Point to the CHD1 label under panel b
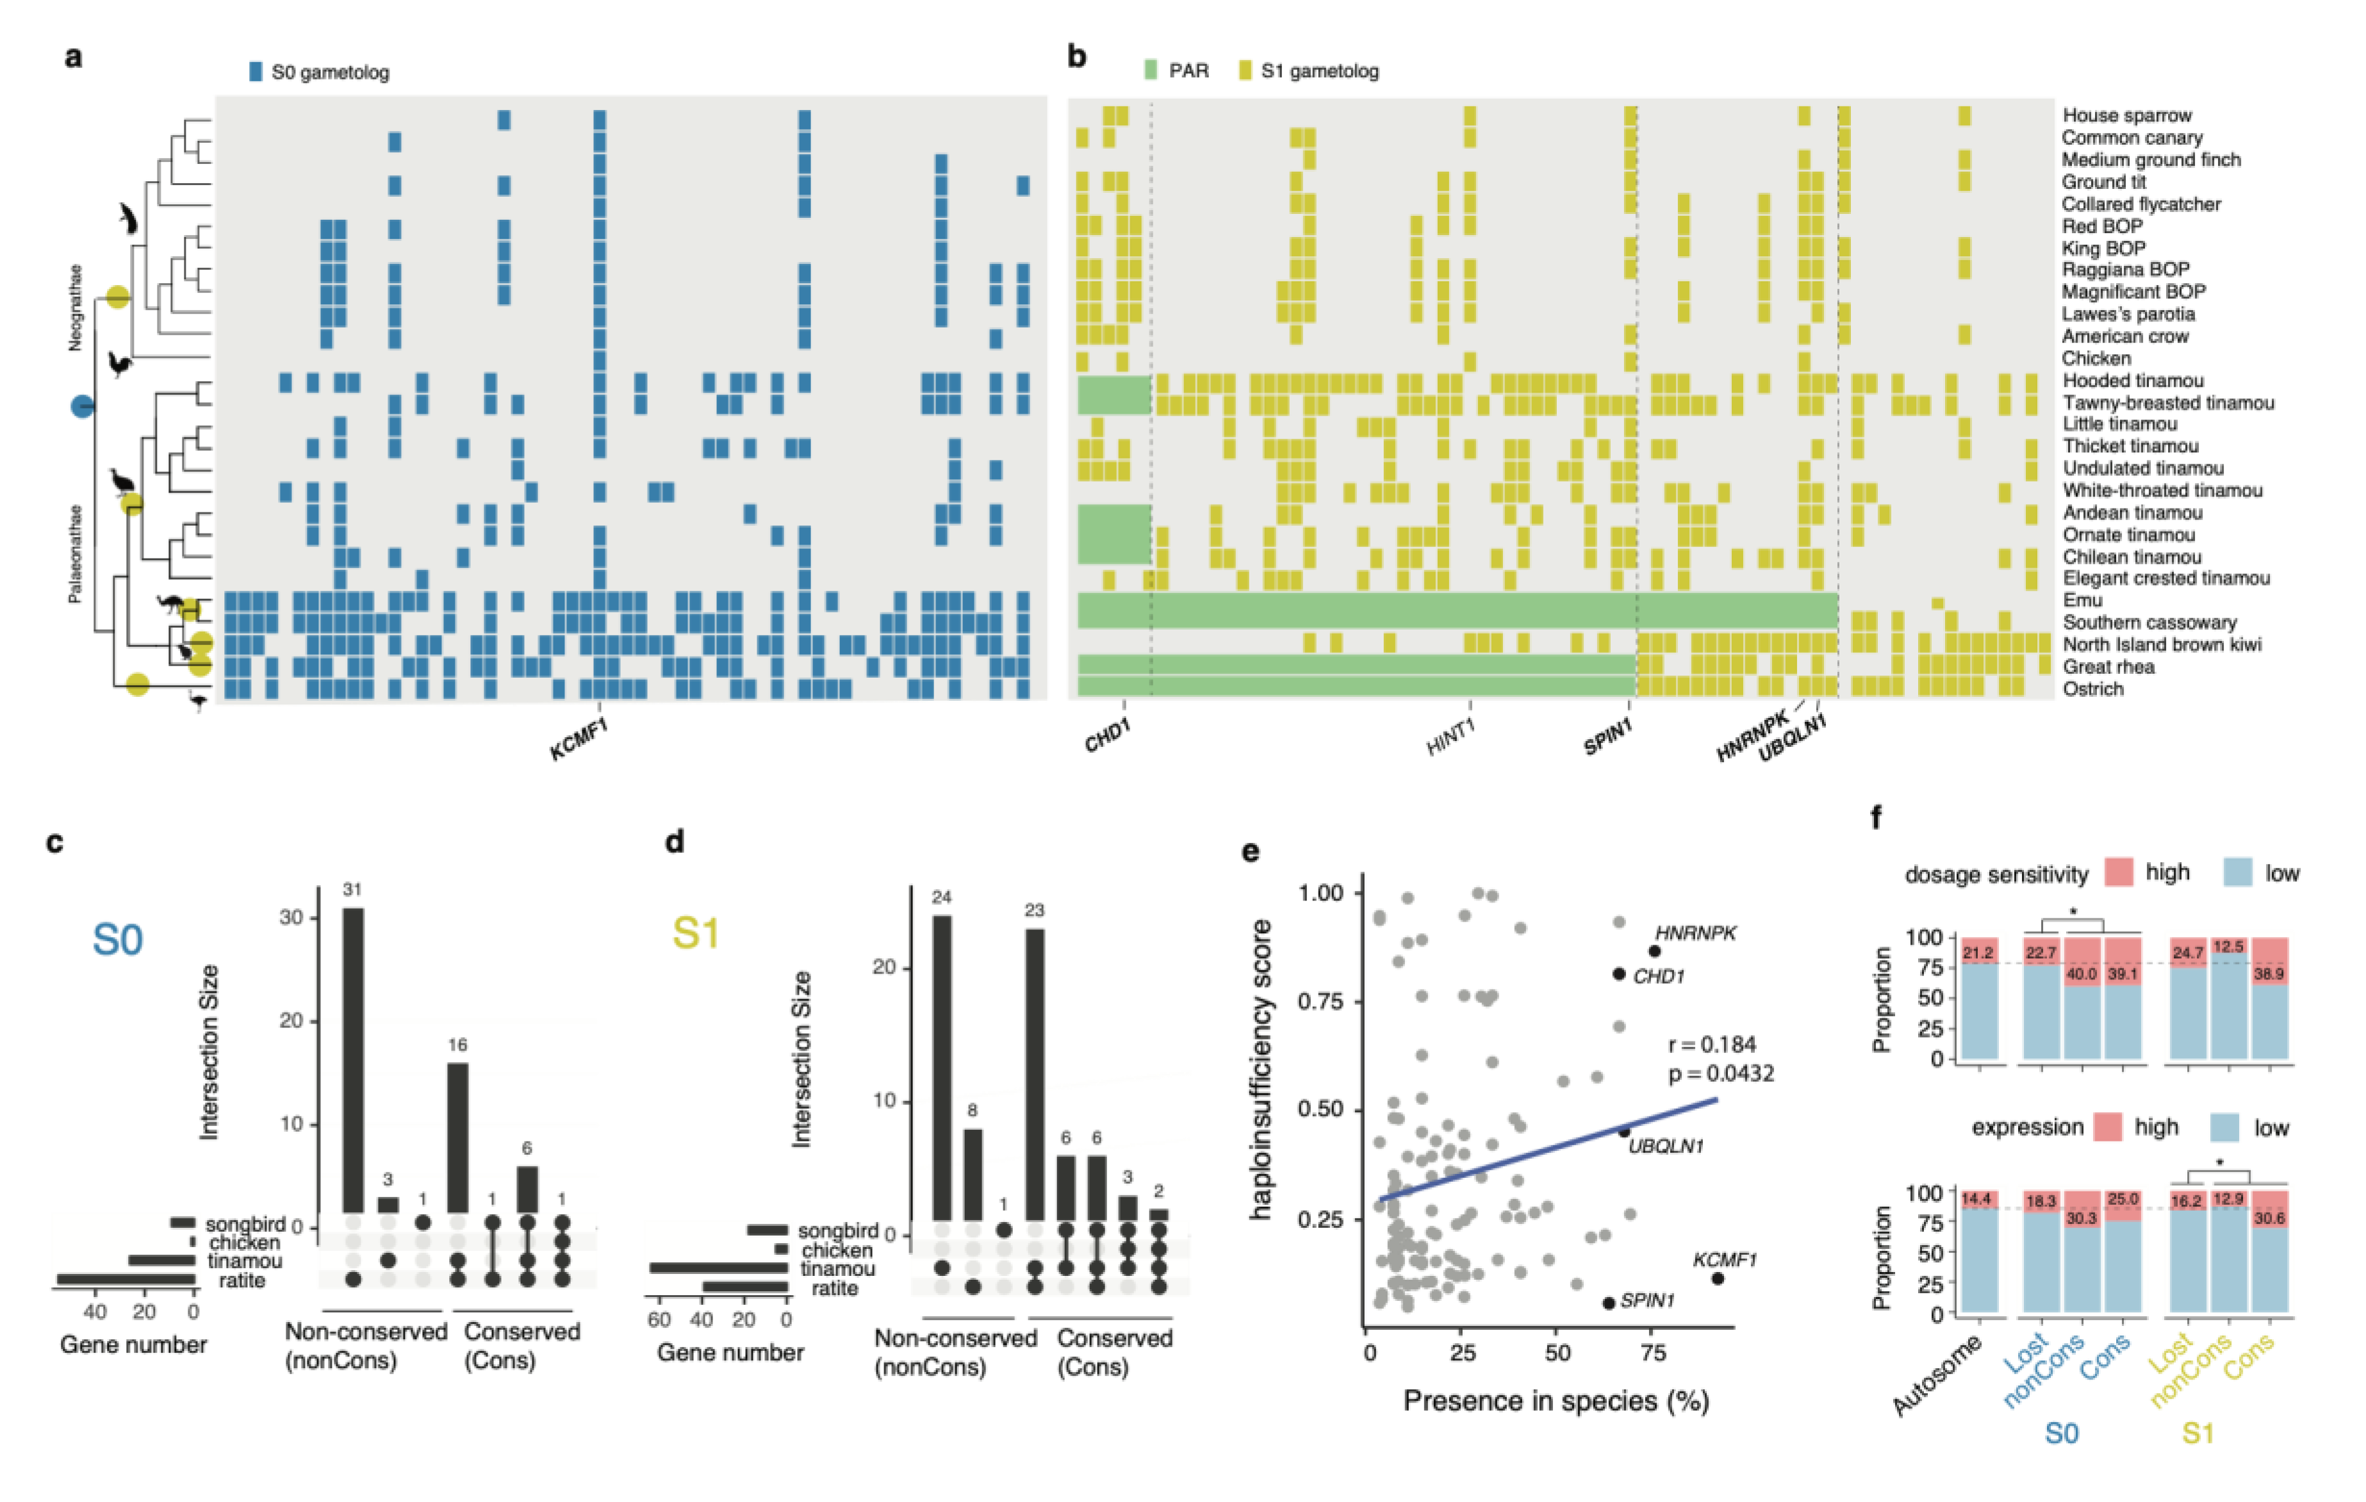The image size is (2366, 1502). [1107, 735]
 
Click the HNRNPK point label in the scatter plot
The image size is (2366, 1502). [1695, 933]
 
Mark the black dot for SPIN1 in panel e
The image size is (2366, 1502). [1609, 1303]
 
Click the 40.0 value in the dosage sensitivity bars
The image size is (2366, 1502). [2081, 974]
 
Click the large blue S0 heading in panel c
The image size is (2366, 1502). [117, 939]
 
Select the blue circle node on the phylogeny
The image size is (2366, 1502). [83, 405]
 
